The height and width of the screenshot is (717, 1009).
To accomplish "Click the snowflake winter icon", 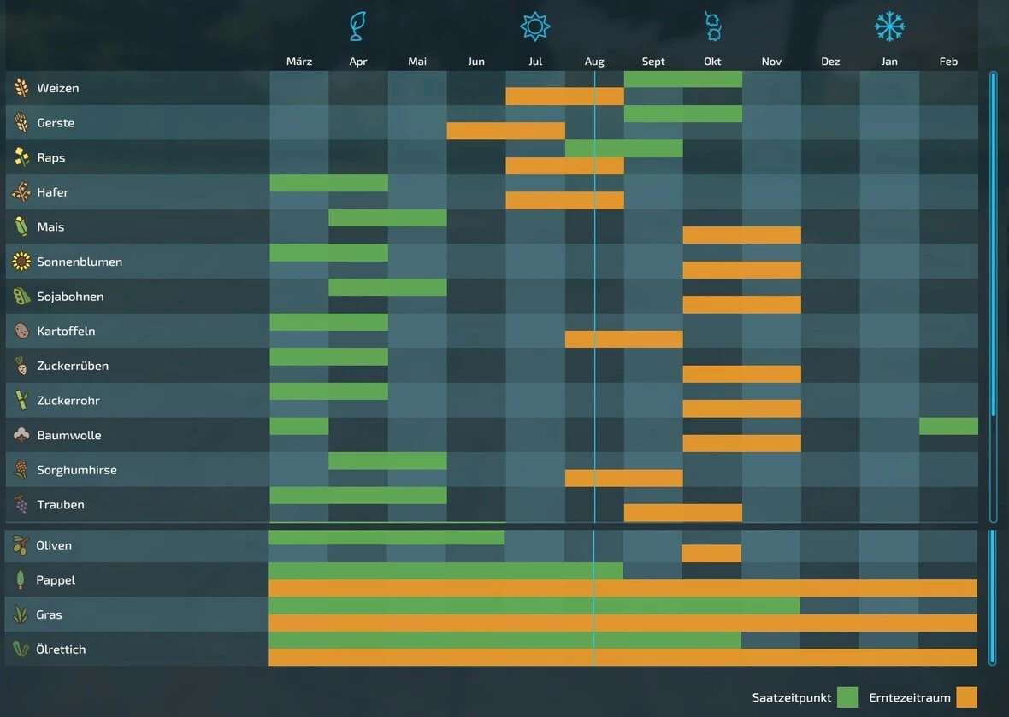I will pos(889,26).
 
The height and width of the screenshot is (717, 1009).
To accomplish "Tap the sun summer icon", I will pos(535,26).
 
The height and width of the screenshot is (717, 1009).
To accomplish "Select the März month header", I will pos(299,62).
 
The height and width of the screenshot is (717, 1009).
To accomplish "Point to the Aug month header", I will pos(594,62).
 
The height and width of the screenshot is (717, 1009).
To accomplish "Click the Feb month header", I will pos(948,62).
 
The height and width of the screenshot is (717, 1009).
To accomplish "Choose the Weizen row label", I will pos(58,88).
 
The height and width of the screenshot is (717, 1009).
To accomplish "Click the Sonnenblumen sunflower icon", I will pos(21,262).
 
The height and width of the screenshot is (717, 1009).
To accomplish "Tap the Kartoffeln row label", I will pos(66,331).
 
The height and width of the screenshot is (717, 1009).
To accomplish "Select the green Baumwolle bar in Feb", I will pos(948,426).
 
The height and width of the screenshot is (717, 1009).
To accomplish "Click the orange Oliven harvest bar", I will pos(711,553).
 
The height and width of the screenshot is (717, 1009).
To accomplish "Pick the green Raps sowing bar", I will pos(623,149).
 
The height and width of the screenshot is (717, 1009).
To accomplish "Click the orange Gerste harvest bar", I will pos(505,131).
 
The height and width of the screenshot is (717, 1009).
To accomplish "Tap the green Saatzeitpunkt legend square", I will pos(847,697).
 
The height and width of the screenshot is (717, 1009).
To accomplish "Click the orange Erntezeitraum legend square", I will pos(966,697).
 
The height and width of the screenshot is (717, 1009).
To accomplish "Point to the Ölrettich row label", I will pos(61,649).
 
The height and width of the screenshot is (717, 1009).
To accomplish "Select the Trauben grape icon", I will pos(21,505).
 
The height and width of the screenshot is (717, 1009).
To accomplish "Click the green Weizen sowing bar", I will pos(682,79).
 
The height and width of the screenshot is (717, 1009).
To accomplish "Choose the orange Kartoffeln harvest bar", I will pos(623,339).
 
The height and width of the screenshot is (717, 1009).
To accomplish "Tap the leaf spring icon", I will pos(357,26).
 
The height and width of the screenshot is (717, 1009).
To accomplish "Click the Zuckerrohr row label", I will pos(68,400).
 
